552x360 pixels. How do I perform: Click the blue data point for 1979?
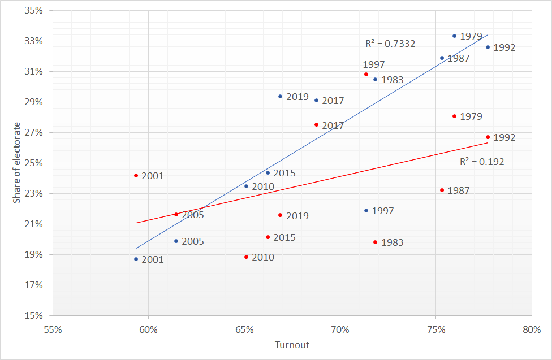pyautogui.click(x=454, y=36)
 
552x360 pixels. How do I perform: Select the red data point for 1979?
pyautogui.click(x=454, y=116)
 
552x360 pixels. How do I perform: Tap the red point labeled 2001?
pyautogui.click(x=136, y=176)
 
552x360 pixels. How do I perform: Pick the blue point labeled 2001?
pyautogui.click(x=136, y=259)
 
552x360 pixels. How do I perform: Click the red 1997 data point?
pyautogui.click(x=366, y=74)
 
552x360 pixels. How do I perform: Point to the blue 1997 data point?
pyautogui.click(x=366, y=210)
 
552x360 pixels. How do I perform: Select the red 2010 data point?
pyautogui.click(x=246, y=257)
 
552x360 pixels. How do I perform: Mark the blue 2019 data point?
pyautogui.click(x=281, y=96)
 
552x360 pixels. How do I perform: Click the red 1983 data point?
pyautogui.click(x=375, y=242)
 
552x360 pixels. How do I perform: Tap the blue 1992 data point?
pyautogui.click(x=488, y=47)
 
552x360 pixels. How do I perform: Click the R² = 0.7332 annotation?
pyautogui.click(x=390, y=44)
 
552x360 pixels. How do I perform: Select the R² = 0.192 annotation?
pyautogui.click(x=481, y=162)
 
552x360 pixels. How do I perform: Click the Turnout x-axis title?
pyautogui.click(x=292, y=345)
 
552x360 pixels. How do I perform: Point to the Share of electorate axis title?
pyautogui.click(x=17, y=163)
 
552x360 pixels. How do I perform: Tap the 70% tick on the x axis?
pyautogui.click(x=339, y=329)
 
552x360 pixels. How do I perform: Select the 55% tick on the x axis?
pyautogui.click(x=53, y=329)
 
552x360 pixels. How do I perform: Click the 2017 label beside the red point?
pyautogui.click(x=333, y=125)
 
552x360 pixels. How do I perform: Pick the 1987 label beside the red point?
pyautogui.click(x=459, y=190)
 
